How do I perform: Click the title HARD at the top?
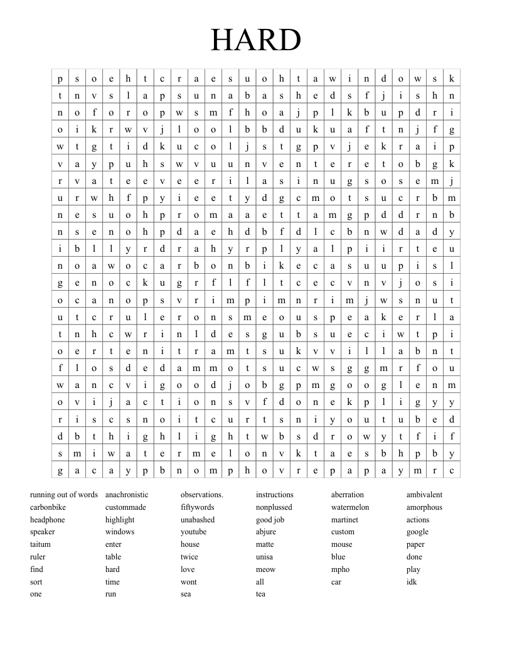click(256, 41)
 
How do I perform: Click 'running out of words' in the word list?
click(64, 495)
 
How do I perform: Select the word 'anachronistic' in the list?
click(127, 495)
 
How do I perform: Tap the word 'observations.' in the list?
click(202, 495)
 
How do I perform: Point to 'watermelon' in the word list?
click(350, 507)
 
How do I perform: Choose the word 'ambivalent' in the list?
click(424, 495)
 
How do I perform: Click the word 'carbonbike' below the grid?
click(48, 507)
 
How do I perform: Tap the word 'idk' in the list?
click(412, 582)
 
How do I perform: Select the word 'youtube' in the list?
click(193, 532)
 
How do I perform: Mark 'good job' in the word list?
click(270, 520)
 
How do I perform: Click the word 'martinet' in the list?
click(344, 520)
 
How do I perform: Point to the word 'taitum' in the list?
click(40, 544)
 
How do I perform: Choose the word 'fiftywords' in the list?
click(197, 507)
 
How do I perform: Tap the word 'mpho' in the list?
click(340, 569)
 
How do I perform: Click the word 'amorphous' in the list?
click(424, 507)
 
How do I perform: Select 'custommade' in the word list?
click(125, 507)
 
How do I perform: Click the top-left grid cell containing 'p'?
click(60, 78)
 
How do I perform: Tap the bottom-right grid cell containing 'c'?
click(452, 470)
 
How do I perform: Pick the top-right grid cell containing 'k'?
click(452, 78)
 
